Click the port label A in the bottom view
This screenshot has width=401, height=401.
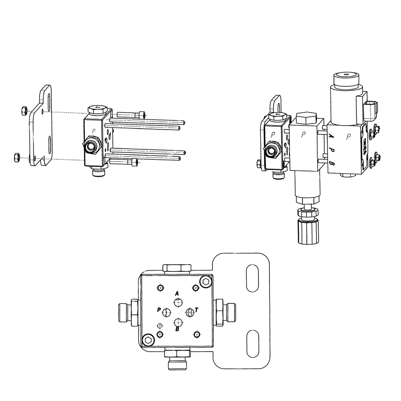[x=176, y=293]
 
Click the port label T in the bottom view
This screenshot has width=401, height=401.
[x=196, y=310]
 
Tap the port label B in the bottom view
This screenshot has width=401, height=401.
[x=177, y=329]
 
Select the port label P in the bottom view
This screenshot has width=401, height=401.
[x=159, y=310]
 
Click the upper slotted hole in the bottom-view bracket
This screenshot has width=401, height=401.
[x=252, y=278]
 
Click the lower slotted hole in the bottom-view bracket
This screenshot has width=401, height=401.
[x=252, y=343]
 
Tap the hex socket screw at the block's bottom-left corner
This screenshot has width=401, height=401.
[x=148, y=340]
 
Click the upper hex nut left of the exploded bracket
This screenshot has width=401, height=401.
[x=23, y=111]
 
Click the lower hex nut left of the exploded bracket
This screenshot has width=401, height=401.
[x=16, y=157]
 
